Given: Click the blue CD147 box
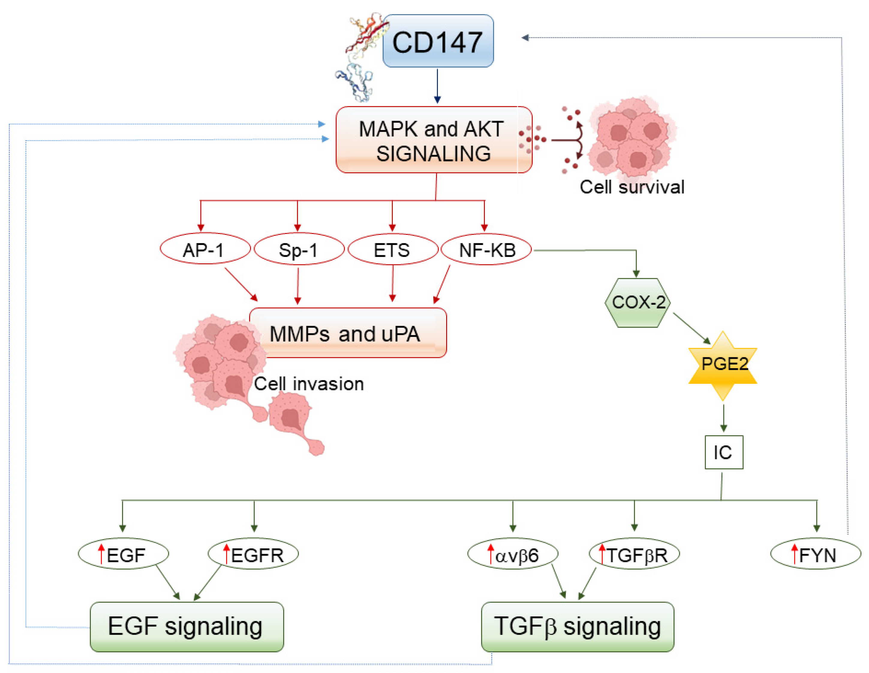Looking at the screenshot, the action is (x=438, y=41).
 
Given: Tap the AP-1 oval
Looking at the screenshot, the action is (x=205, y=249).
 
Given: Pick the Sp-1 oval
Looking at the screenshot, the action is (x=299, y=249).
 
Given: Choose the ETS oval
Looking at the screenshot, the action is (x=393, y=249).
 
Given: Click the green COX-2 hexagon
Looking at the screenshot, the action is (x=638, y=303).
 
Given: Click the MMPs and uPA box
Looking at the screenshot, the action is (x=348, y=333).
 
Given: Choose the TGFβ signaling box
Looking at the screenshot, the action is (x=577, y=627).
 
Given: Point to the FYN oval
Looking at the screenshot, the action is (x=816, y=554).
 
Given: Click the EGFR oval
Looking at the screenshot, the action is (x=253, y=554).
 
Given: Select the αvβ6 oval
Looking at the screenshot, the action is (x=512, y=554).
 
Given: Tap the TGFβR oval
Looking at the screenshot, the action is (x=634, y=554).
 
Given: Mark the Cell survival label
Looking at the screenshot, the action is (x=632, y=187).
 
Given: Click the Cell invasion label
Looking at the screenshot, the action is (x=309, y=384).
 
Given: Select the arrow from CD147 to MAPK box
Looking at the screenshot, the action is (x=437, y=86).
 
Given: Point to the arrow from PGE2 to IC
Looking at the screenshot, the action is (x=723, y=418).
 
